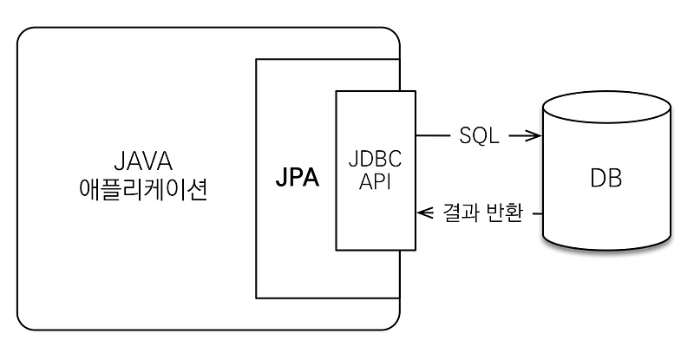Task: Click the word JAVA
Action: (142, 161)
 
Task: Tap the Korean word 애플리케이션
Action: (142, 190)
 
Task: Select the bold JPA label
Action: (296, 180)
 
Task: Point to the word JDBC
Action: (376, 161)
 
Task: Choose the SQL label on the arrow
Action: (477, 136)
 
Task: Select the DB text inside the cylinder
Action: (606, 180)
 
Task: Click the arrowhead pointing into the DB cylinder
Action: (535, 136)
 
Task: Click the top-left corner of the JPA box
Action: (256, 59)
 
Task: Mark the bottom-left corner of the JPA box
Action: (256, 298)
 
